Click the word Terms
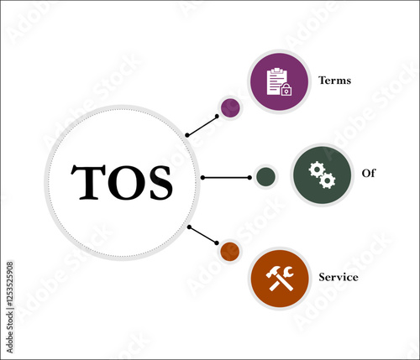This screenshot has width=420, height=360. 334,81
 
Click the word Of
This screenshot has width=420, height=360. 368,173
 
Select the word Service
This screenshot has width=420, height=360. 339,277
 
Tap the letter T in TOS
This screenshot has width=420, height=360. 88,182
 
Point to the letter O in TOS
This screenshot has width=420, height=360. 127,182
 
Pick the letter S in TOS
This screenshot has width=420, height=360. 160,182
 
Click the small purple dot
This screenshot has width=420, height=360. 230,107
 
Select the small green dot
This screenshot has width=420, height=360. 265,177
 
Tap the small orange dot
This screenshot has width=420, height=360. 230,252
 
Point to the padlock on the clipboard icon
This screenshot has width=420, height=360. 286,90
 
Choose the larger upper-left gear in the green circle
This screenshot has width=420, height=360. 317,170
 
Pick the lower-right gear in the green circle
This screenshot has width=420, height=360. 328,180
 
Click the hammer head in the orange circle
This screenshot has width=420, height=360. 273,272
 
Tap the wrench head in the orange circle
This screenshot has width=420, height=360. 288,272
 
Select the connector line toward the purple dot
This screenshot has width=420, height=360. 202,126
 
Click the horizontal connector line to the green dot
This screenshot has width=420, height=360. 226,178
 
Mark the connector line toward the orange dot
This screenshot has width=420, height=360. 203,235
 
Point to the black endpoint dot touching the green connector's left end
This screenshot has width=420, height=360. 202,178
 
